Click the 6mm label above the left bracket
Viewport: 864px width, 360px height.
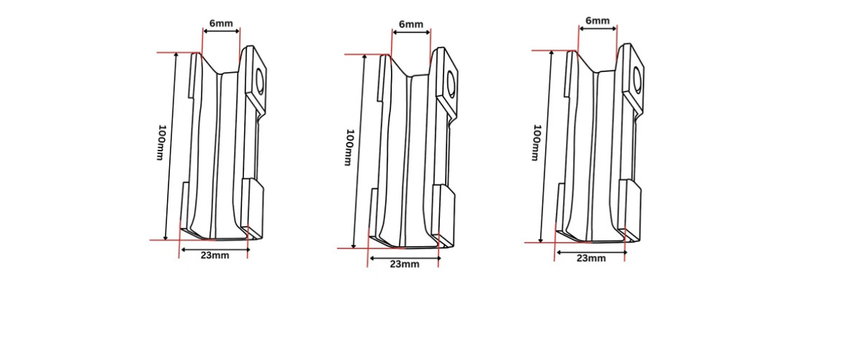(x=220, y=23)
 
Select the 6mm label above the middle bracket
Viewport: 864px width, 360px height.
(x=410, y=24)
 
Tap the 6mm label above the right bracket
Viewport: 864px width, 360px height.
(x=598, y=21)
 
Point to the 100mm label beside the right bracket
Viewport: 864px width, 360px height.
(x=536, y=143)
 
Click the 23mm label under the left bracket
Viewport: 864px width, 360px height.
(x=215, y=256)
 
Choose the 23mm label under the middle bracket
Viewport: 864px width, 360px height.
(x=404, y=264)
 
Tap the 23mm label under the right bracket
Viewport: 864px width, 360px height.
(x=591, y=258)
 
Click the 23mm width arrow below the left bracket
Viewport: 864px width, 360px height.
(x=214, y=249)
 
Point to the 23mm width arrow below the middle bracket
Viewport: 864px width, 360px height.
(x=403, y=256)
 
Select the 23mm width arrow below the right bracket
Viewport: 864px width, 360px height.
(x=590, y=251)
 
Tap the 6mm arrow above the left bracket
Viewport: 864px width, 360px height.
(x=221, y=31)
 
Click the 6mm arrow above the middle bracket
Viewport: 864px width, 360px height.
(x=410, y=32)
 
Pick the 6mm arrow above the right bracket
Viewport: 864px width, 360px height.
(x=598, y=29)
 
